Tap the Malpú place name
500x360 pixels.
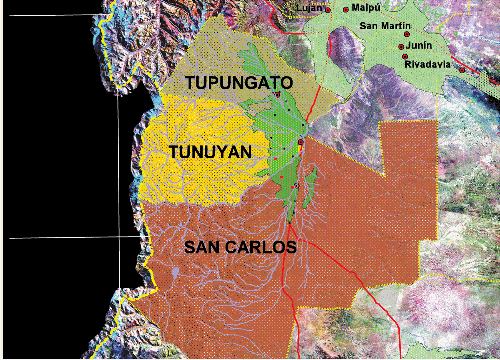[365, 8]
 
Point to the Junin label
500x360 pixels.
[420, 45]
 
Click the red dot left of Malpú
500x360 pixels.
[345, 9]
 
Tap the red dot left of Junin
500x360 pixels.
[401, 46]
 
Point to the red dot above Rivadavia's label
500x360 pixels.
[406, 56]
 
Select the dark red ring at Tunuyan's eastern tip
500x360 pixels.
[300, 146]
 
